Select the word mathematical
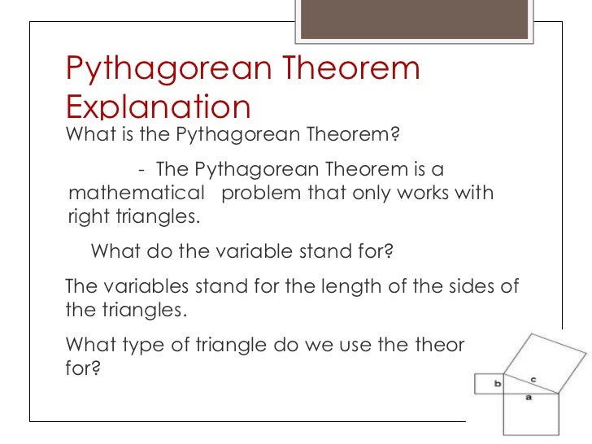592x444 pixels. click(137, 194)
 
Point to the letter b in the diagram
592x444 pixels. click(497, 382)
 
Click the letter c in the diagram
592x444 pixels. click(533, 379)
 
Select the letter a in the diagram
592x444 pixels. click(529, 398)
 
